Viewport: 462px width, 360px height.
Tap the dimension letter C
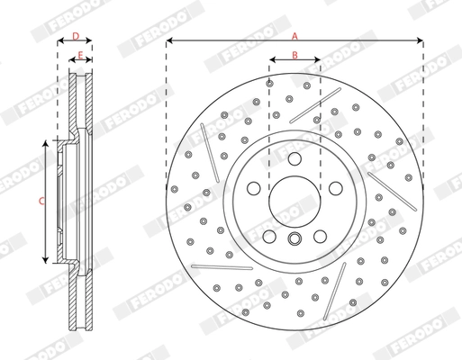[40, 202]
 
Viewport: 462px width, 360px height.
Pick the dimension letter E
[80, 56]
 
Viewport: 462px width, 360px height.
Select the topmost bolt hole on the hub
[294, 157]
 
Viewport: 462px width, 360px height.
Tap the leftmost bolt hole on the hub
[255, 188]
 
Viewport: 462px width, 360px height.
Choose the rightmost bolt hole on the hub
[334, 188]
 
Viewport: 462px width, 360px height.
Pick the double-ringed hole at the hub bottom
[294, 238]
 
